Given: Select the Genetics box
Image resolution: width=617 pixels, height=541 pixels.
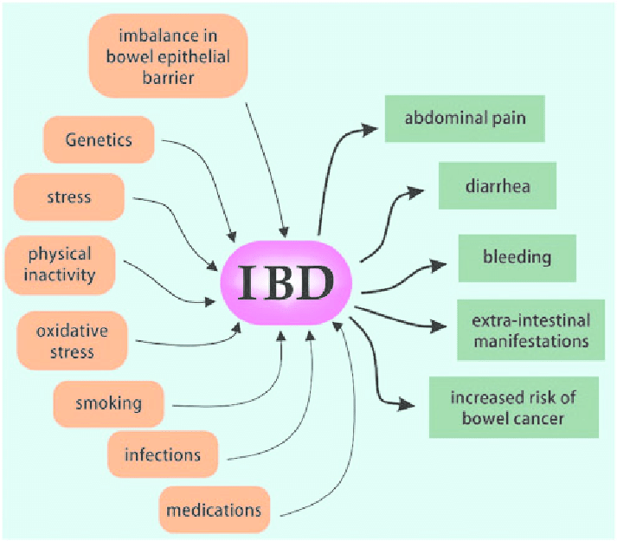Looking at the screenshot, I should coord(99,140).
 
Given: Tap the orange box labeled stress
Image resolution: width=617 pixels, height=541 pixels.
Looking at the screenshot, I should coord(69,196).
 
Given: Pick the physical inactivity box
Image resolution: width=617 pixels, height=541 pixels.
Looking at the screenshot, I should coord(60,266).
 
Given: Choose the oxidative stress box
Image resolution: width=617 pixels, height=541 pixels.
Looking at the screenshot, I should coord(66,341).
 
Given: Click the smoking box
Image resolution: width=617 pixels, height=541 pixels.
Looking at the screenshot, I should coord(109,403).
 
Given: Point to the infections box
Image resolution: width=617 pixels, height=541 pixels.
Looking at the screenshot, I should coord(162,454).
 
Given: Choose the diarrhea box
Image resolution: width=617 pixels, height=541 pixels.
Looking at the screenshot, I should coord(497,185).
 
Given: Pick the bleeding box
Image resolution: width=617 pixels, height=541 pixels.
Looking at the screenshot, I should coord(517,257).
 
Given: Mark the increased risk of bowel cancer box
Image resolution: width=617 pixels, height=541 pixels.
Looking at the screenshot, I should coord(513,408).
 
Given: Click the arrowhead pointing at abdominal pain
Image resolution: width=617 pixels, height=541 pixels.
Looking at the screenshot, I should coord(370,130).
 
